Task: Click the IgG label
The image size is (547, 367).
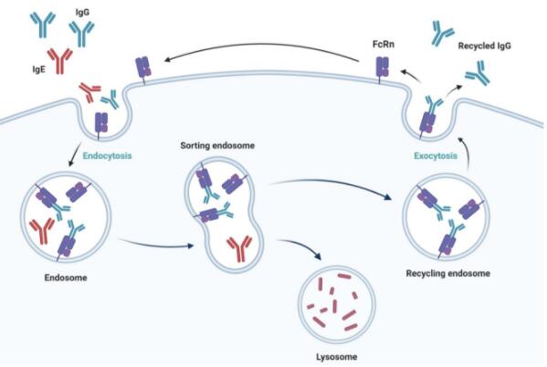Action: [82, 13]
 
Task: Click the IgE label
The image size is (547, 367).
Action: [38, 69]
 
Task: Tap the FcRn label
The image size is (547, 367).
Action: [383, 45]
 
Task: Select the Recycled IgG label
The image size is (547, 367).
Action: [484, 46]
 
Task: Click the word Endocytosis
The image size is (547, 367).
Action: [107, 155]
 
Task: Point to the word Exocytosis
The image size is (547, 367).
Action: [436, 155]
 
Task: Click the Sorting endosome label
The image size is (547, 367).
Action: [217, 145]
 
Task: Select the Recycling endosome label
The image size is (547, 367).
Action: [448, 273]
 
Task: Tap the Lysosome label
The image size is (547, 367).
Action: [337, 357]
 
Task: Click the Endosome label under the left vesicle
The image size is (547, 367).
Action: [66, 278]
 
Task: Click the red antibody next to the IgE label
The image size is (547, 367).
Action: [60, 61]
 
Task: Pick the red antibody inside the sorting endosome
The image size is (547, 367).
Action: [239, 248]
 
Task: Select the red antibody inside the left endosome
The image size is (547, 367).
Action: [42, 231]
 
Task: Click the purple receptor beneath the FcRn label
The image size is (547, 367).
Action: [382, 69]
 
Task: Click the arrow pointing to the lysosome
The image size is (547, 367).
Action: [300, 246]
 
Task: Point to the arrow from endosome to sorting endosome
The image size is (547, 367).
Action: [155, 245]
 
